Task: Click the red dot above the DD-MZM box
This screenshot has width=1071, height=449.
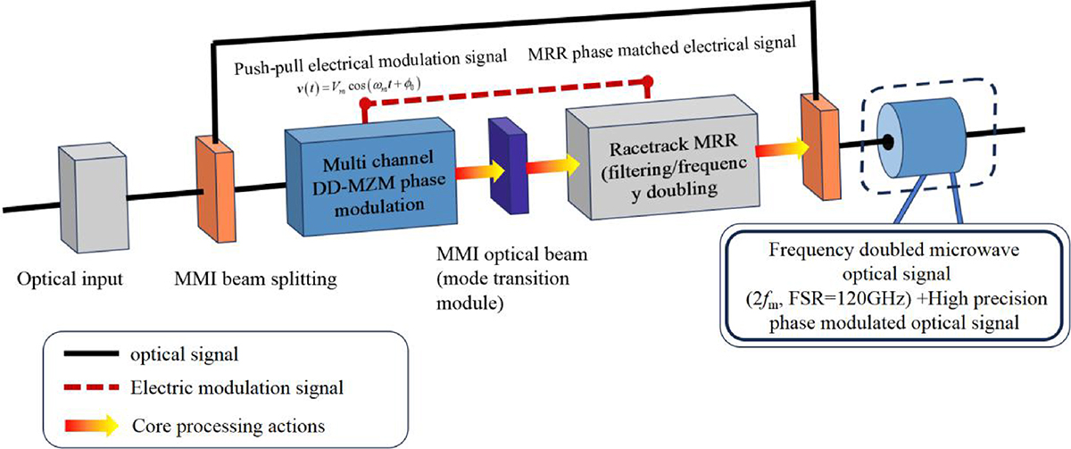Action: (x=363, y=104)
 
